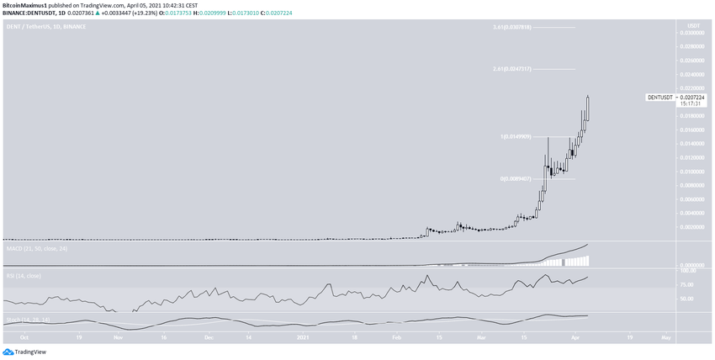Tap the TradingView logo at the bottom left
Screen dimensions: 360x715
click(24, 352)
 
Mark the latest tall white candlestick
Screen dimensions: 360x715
click(587, 109)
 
